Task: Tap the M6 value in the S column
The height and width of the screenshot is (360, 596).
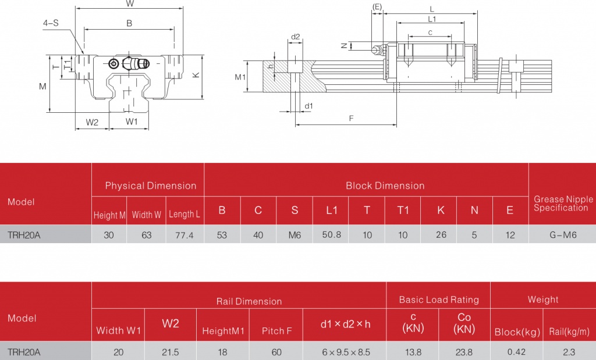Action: click(295, 235)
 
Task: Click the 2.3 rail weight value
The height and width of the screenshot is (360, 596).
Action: click(569, 352)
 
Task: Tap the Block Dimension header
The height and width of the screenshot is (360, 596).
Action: click(385, 186)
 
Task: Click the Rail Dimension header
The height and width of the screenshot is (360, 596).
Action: click(249, 301)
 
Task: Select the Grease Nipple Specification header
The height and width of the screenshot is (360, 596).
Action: click(563, 203)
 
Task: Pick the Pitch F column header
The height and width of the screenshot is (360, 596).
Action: click(277, 331)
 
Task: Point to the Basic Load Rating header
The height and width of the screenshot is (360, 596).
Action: click(439, 300)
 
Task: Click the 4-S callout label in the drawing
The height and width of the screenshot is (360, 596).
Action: click(51, 23)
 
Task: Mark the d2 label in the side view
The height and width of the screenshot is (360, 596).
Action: click(295, 37)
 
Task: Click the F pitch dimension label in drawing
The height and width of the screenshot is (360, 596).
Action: click(351, 117)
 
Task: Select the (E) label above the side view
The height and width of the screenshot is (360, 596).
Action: click(377, 6)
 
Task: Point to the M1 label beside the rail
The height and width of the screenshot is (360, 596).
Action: click(240, 77)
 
